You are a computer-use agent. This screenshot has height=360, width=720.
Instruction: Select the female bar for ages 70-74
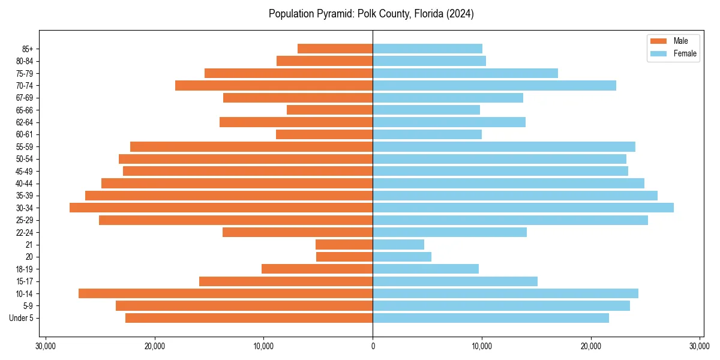(494, 85)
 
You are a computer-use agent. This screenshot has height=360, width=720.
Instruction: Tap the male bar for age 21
(344, 244)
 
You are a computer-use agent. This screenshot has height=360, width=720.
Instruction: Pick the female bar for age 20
(402, 257)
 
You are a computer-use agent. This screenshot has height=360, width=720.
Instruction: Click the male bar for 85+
(335, 49)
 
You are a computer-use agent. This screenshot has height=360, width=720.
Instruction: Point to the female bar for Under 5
(491, 318)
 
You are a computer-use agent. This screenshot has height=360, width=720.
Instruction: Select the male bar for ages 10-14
(226, 293)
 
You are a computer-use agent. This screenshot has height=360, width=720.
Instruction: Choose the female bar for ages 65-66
(426, 110)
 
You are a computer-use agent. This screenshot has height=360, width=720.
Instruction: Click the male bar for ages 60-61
(324, 134)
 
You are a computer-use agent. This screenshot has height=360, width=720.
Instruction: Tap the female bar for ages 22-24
(449, 232)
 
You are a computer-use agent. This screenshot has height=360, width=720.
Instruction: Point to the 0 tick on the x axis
(373, 346)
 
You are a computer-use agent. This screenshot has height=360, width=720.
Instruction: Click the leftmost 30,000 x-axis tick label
(46, 346)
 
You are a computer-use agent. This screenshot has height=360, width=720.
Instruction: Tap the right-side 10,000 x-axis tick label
(482, 346)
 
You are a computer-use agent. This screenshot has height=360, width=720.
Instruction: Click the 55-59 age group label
(24, 146)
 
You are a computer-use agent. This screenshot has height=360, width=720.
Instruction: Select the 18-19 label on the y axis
(24, 269)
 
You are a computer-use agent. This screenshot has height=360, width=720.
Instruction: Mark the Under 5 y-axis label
(21, 318)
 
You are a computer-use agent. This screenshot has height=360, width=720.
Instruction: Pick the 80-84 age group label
(24, 61)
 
